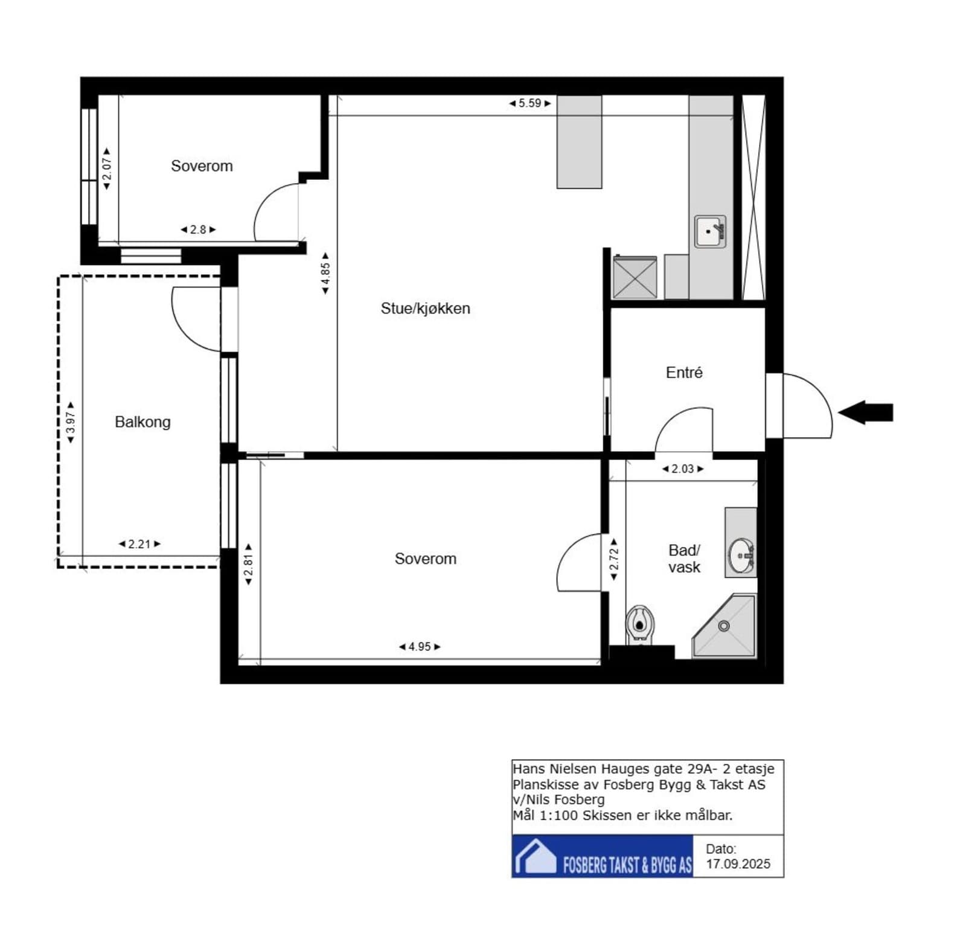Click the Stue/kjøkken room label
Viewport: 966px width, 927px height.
click(x=425, y=309)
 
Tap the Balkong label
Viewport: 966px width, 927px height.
click(x=142, y=422)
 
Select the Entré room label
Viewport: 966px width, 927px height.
click(x=684, y=373)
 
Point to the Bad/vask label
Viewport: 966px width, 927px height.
click(x=684, y=559)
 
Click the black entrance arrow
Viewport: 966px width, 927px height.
click(x=865, y=413)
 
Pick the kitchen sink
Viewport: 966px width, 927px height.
click(x=710, y=232)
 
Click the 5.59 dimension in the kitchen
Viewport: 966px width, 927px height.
click(x=530, y=103)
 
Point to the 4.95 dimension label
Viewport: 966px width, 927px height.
click(x=420, y=647)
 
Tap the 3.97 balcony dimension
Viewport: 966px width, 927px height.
click(x=71, y=423)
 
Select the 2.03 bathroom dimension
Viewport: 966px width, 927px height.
click(x=683, y=469)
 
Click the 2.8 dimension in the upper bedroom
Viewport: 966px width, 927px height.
click(x=198, y=229)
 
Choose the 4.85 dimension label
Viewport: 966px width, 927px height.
click(x=325, y=274)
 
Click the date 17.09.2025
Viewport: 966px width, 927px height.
click(x=738, y=864)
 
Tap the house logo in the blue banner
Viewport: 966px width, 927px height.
click(x=535, y=856)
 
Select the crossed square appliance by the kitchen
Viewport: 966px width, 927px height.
click(x=635, y=277)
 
